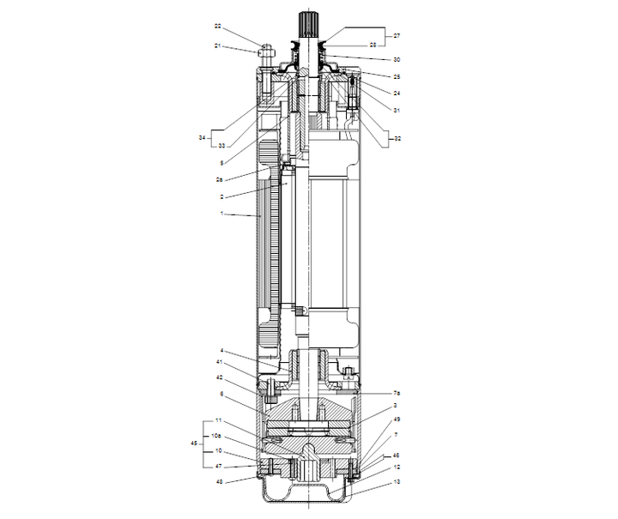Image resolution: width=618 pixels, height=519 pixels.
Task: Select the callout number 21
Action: (218, 45)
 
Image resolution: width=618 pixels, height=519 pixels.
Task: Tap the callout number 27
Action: (397, 36)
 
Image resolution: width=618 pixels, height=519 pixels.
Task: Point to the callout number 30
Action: (397, 59)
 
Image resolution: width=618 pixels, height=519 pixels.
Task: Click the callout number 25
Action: (397, 77)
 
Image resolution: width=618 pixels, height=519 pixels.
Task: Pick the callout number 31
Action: (397, 109)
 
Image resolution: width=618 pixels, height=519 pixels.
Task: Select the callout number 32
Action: (397, 137)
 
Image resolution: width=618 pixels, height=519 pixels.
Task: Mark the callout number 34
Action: (202, 137)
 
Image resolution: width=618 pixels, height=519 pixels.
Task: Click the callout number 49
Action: (397, 419)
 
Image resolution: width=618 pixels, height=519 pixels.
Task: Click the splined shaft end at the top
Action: (307, 23)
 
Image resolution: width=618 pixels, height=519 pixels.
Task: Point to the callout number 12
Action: (397, 468)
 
